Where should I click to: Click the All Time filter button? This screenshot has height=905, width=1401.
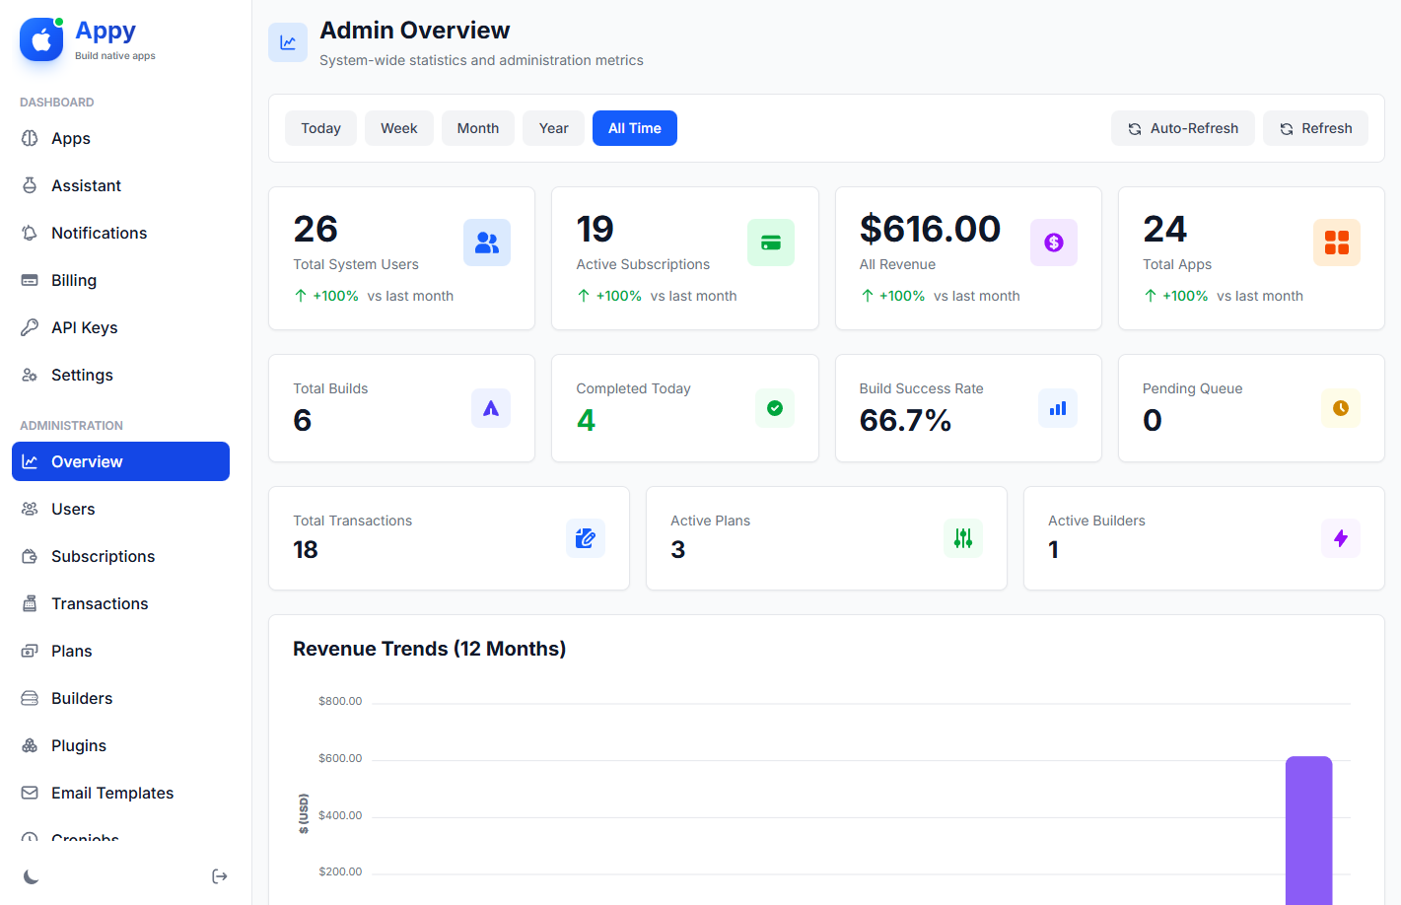pos(634,128)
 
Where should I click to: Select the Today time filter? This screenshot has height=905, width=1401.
pos(320,128)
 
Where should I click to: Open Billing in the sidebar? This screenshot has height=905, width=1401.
pos(74,280)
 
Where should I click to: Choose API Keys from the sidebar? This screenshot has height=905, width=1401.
pos(84,327)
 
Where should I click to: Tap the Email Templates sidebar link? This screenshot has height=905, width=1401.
pos(111,793)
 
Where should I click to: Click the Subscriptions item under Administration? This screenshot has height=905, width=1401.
pos(103,556)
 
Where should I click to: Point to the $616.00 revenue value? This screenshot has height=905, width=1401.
pos(930,229)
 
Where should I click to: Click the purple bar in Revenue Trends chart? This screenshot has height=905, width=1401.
pos(1308,828)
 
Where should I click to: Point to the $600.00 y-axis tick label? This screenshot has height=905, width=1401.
pos(340,758)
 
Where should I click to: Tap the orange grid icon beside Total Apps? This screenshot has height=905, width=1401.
pos(1336,243)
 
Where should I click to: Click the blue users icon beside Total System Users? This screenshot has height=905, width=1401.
pos(486,243)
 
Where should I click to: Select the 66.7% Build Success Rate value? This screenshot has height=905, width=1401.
pos(905,421)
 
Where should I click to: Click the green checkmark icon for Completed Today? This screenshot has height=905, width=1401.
pos(775,408)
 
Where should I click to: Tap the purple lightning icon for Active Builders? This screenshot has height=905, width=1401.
pos(1340,538)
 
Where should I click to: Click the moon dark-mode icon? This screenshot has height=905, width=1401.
pos(32,876)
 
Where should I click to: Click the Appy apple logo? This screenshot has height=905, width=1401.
pos(41,39)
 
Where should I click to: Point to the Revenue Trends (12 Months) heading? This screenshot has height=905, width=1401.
pos(429,649)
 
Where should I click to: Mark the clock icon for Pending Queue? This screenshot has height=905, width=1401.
pos(1340,408)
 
